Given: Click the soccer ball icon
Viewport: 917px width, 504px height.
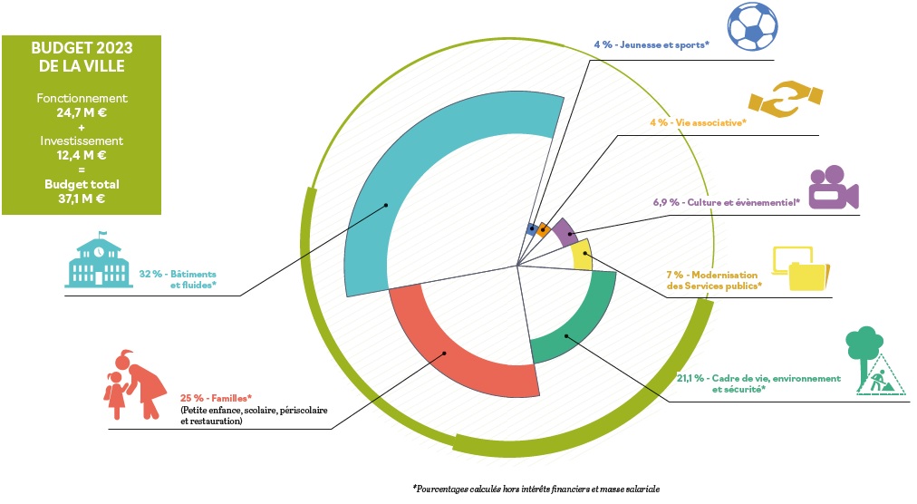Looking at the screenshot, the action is click(x=753, y=25).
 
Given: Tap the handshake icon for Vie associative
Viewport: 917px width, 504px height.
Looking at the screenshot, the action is click(x=786, y=99).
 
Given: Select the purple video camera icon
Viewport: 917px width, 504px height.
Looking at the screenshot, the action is click(x=834, y=188).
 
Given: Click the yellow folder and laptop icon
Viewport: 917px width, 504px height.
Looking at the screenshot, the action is click(x=801, y=268).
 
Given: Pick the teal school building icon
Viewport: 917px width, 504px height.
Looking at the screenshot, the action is click(x=99, y=260).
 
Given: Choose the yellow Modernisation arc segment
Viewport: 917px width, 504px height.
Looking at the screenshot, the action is click(x=582, y=255).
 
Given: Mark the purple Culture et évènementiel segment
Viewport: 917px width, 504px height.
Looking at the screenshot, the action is click(x=565, y=232).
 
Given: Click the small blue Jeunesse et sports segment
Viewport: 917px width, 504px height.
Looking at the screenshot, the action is click(x=532, y=228).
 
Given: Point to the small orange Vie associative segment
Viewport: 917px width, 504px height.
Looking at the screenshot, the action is click(x=544, y=228).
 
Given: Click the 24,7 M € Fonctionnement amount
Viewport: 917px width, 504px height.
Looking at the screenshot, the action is click(x=82, y=112).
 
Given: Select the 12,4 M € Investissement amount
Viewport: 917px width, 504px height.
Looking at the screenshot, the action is click(x=82, y=155).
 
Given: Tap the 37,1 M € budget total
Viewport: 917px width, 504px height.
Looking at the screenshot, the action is click(x=82, y=199).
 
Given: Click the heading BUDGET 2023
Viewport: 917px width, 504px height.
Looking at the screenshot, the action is click(x=82, y=47).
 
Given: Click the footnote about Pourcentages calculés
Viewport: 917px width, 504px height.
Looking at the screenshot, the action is click(x=536, y=489).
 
